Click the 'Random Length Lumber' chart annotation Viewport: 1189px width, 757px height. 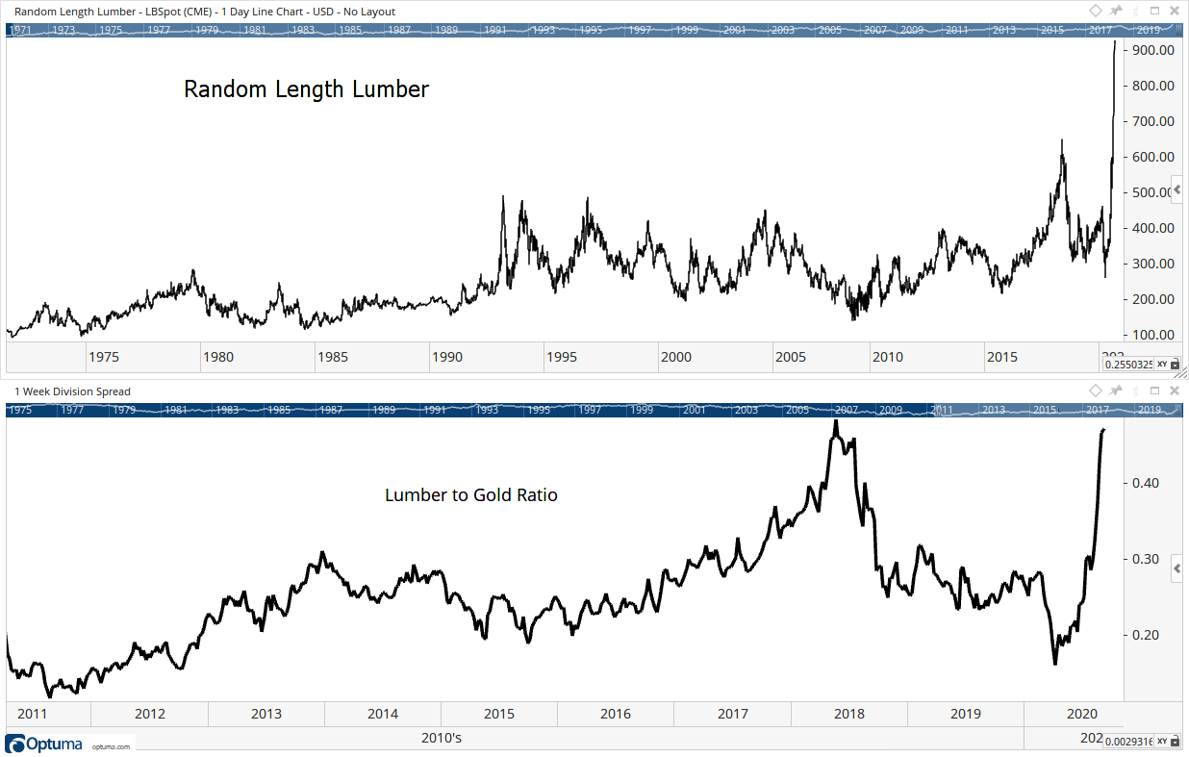pos(306,89)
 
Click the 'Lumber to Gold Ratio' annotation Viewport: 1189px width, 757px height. pos(471,495)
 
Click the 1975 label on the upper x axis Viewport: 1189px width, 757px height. pos(103,357)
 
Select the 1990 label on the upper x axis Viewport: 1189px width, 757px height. pos(447,357)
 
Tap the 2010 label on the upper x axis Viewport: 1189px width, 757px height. pos(887,357)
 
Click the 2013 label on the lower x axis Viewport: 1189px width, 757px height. pos(266,714)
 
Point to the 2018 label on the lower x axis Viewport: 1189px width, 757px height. pos(848,714)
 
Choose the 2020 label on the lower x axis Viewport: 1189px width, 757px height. pos(1082,714)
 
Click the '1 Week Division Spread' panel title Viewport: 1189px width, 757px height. pos(72,391)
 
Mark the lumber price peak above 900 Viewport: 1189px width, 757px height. pos(1115,41)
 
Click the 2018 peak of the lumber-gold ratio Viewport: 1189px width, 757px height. pos(836,421)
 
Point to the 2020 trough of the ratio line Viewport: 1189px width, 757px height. pos(1055,664)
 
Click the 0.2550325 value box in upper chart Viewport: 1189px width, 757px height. pos(1127,365)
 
